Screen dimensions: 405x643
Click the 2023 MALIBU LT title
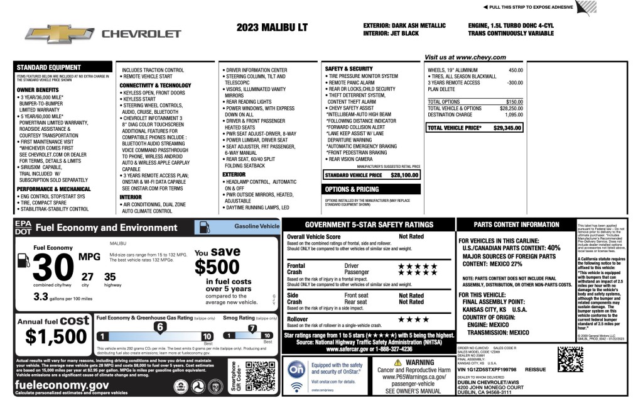pos(272,28)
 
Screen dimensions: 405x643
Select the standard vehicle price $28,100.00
pos(404,175)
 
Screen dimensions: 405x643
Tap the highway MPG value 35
pos(110,276)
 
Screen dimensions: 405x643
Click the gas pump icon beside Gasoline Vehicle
pos(205,227)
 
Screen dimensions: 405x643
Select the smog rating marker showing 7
pos(252,328)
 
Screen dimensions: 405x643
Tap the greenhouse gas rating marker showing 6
pos(160,327)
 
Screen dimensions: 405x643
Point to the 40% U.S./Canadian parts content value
pos(553,248)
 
